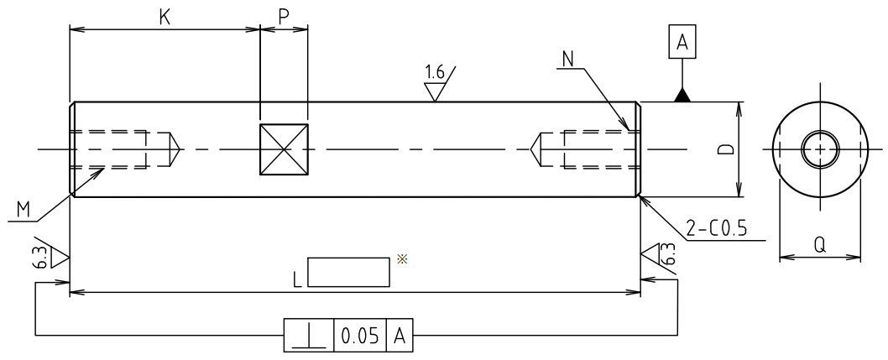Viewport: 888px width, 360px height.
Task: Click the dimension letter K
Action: tap(165, 16)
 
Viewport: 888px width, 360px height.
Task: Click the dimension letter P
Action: tap(284, 16)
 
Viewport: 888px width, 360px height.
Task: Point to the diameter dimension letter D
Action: tap(728, 150)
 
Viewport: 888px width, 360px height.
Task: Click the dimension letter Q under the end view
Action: tap(821, 244)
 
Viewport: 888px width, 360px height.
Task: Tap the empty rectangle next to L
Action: tap(348, 272)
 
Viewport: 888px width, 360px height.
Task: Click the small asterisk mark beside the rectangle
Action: tap(401, 260)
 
